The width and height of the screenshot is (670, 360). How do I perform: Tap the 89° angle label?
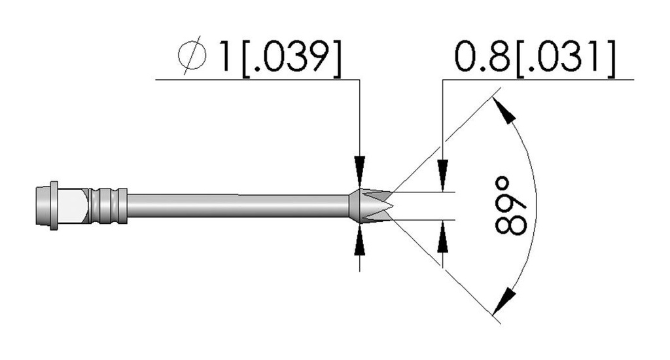tap(510, 206)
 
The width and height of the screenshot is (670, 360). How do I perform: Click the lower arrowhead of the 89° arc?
tap(503, 302)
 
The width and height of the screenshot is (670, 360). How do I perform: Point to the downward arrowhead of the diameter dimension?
tap(360, 167)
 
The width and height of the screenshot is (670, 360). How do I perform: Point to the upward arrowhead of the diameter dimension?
tap(360, 243)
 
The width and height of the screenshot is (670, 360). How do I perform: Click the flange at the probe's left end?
tap(54, 206)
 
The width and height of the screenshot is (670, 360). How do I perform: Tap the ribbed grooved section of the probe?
tap(107, 206)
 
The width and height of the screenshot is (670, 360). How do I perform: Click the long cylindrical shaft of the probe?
tap(238, 206)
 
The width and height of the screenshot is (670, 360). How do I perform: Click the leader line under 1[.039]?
tap(257, 79)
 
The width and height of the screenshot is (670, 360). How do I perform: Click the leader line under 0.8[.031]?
tap(538, 79)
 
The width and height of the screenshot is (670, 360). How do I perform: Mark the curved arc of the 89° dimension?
tap(535, 206)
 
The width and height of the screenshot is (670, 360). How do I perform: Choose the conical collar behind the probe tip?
tap(355, 206)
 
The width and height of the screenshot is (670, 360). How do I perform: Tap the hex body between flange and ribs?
tap(73, 206)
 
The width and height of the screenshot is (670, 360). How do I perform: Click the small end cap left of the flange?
tap(43, 206)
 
